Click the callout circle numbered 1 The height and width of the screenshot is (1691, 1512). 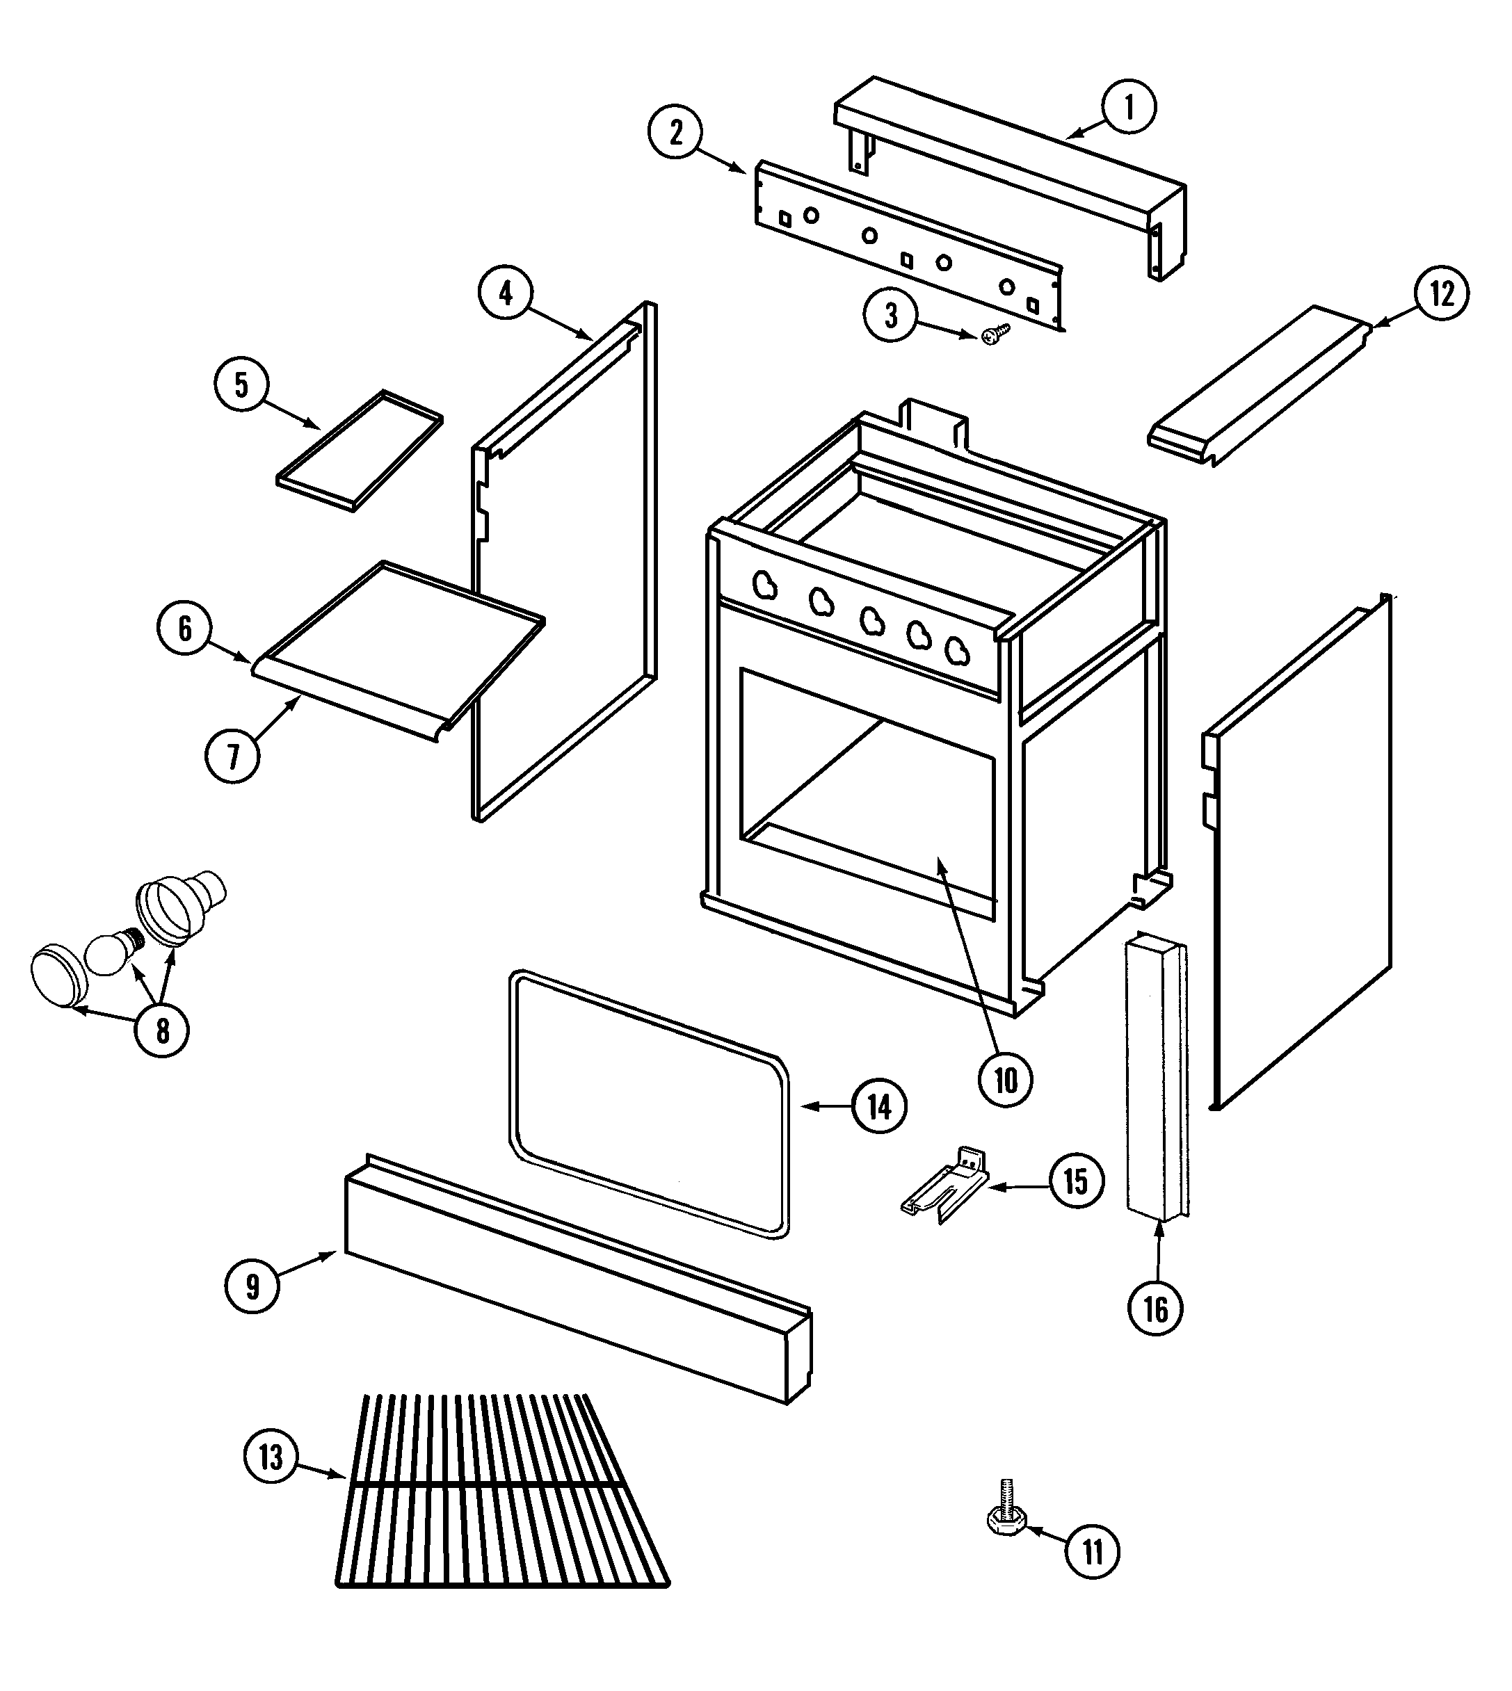1128,106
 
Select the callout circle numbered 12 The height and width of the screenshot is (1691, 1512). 1442,293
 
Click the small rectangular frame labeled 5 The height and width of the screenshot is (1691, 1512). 359,449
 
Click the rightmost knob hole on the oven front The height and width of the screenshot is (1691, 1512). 958,652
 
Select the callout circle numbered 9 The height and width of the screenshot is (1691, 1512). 252,1286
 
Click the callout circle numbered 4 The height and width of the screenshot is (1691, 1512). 506,293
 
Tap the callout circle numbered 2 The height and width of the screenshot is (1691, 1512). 675,133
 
